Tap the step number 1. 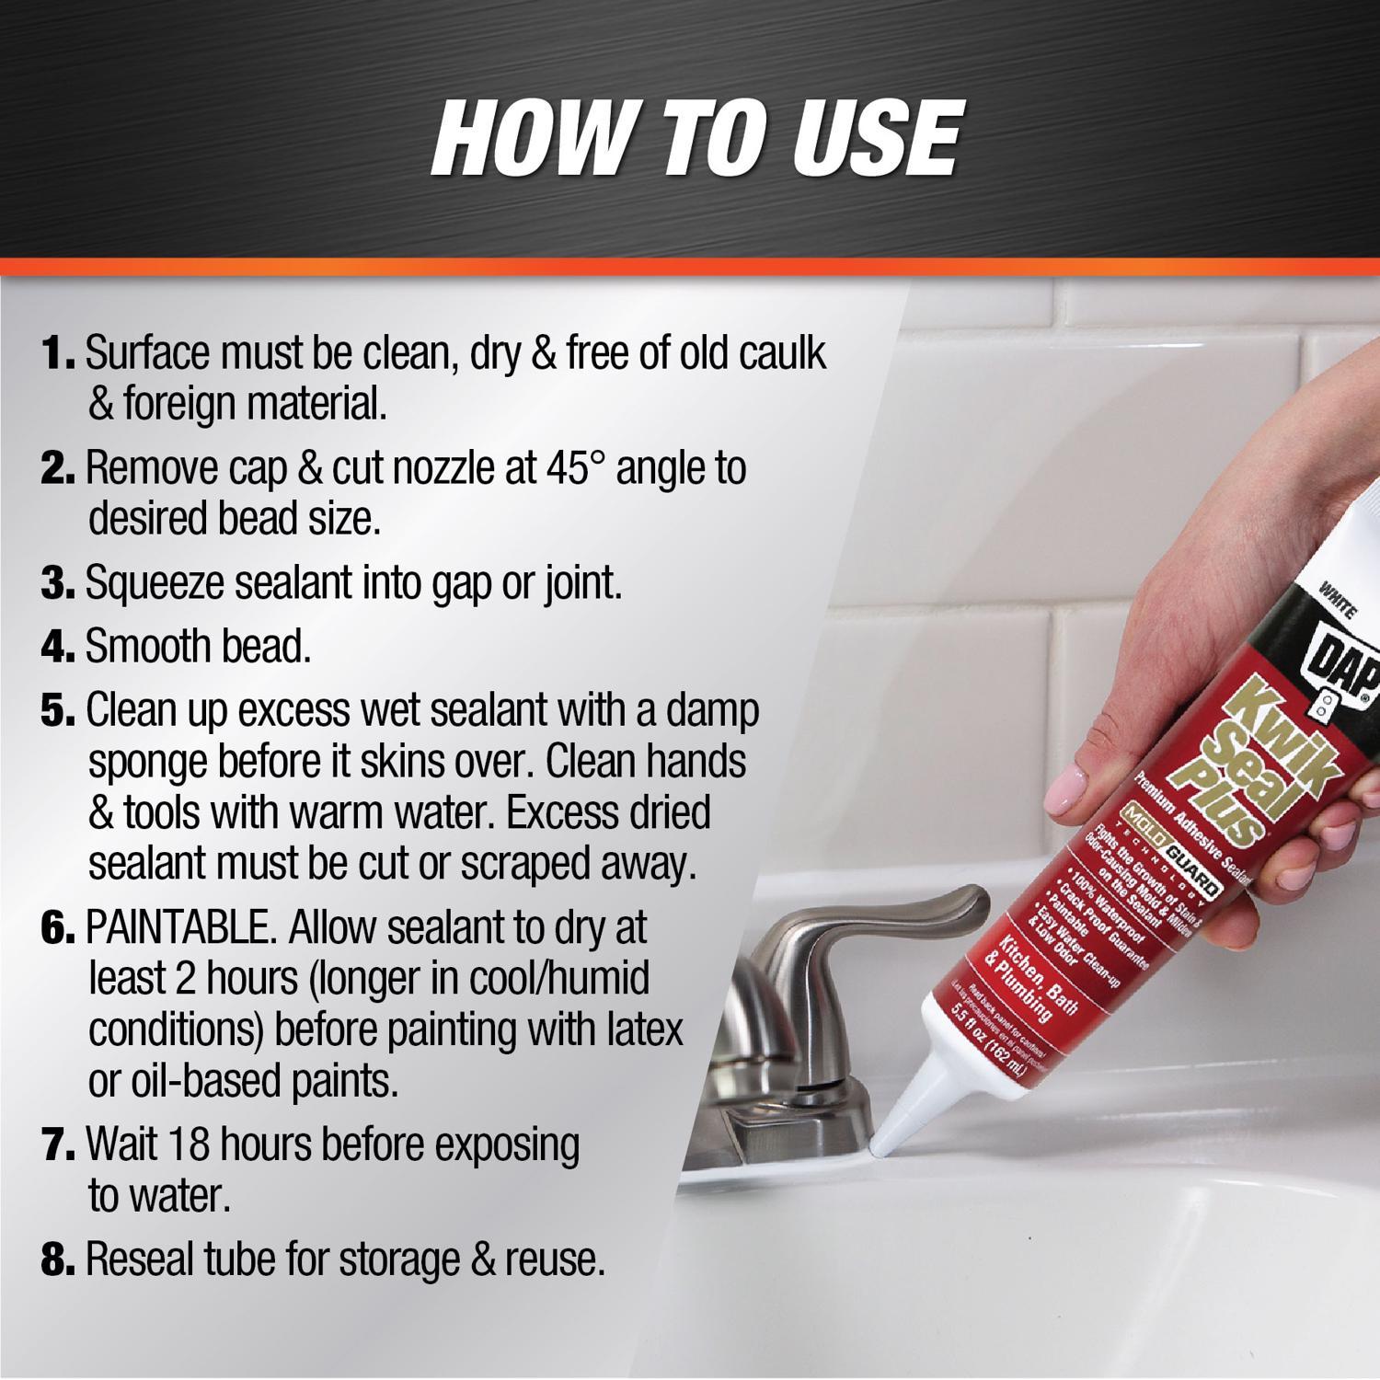coord(58,354)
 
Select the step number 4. coord(59,648)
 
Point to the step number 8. coord(59,1259)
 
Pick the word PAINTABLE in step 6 coord(178,928)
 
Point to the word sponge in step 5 coord(148,762)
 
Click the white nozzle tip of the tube coord(883,1141)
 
